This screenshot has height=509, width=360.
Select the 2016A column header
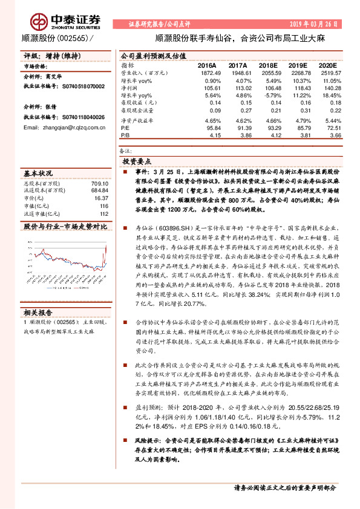208,64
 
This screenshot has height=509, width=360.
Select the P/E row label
126,129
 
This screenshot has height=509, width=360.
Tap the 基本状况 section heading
38,172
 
